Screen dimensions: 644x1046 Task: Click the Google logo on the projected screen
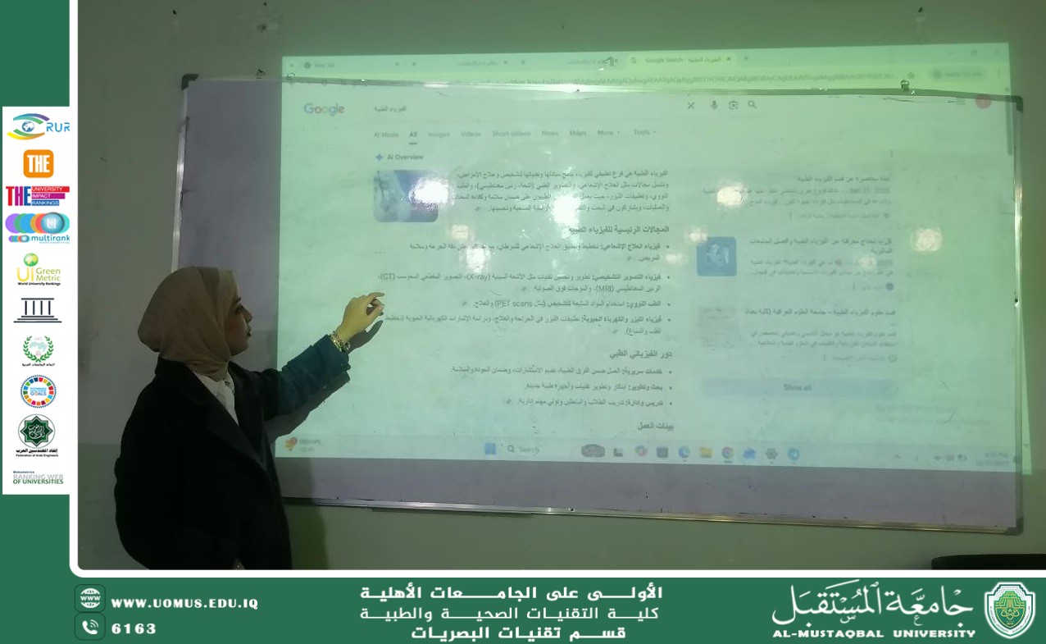[x=324, y=109]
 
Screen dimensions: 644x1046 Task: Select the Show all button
[x=797, y=387]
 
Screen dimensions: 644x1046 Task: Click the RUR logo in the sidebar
[x=38, y=126]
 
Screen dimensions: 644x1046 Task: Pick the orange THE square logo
[x=38, y=163]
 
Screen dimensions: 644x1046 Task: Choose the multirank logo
[x=38, y=227]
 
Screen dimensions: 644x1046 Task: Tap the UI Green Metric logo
[x=38, y=269]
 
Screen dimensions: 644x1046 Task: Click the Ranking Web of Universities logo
[x=38, y=477]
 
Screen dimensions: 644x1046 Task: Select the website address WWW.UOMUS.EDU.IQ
[x=184, y=603]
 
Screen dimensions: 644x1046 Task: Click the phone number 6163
[x=134, y=628]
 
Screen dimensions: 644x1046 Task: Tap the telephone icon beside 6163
[x=89, y=628]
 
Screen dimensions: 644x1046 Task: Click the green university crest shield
[x=1009, y=610]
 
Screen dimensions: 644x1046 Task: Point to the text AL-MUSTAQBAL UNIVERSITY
[x=874, y=633]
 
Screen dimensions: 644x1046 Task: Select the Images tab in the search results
[x=439, y=134]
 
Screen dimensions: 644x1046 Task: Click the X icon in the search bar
[x=691, y=106]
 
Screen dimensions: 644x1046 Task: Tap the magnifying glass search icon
[x=753, y=105]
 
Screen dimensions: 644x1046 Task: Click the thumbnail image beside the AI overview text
[x=405, y=196]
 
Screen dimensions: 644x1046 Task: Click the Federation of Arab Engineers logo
[x=37, y=435]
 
